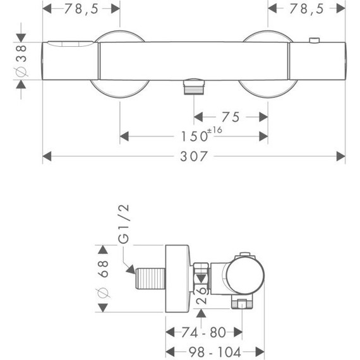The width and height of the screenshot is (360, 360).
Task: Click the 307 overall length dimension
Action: click(193, 157)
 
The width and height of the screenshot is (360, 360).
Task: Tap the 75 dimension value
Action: click(231, 117)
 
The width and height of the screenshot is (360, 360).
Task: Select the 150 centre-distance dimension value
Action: click(195, 136)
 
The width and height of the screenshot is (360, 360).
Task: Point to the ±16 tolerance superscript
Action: click(215, 130)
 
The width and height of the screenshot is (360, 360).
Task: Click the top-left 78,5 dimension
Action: click(81, 9)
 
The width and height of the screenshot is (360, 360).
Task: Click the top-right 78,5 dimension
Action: click(306, 9)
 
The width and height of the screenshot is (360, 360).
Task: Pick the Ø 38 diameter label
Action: click(21, 61)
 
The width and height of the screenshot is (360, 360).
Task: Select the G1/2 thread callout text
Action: click(124, 224)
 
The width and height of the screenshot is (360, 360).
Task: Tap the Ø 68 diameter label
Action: click(102, 279)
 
